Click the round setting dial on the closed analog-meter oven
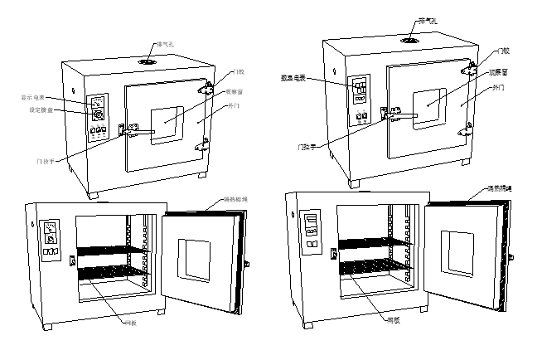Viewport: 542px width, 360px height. click(x=98, y=114)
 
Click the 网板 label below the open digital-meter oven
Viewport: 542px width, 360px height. click(x=395, y=319)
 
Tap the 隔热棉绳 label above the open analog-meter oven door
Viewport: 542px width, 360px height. click(x=235, y=200)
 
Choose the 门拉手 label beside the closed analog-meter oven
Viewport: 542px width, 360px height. click(x=46, y=160)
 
